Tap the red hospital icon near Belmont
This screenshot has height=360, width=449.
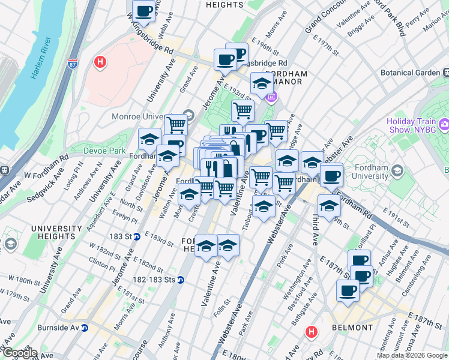click(x=312, y=331)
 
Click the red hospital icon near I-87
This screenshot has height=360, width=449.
click(x=100, y=61)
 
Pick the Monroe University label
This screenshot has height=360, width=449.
click(x=148, y=116)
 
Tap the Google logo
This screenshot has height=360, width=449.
click(x=19, y=353)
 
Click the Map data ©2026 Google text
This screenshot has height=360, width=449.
click(x=411, y=355)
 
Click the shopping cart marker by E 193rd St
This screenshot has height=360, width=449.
click(x=243, y=110)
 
